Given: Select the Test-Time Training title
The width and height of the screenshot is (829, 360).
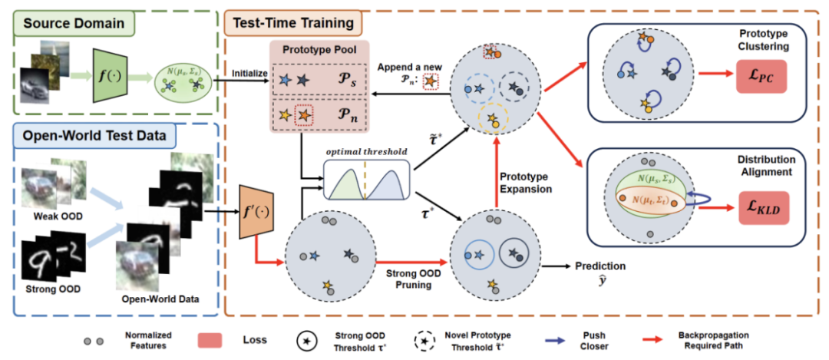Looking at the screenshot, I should [x=293, y=22].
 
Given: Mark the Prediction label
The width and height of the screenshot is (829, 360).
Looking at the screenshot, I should [x=600, y=266].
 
